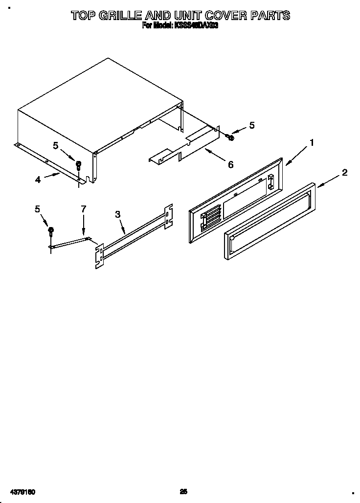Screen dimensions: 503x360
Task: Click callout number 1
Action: click(x=311, y=143)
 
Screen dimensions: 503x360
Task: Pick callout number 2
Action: click(x=344, y=172)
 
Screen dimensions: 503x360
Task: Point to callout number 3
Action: click(x=117, y=214)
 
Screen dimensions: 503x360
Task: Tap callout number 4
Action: click(x=38, y=180)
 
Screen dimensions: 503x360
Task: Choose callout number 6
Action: click(x=230, y=165)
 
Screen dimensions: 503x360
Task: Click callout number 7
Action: click(x=83, y=209)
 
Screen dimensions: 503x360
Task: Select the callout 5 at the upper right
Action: click(x=251, y=125)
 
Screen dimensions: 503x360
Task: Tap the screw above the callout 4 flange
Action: click(x=78, y=165)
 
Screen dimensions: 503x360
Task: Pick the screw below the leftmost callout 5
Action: click(x=51, y=232)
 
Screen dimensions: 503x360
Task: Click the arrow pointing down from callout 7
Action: click(x=84, y=227)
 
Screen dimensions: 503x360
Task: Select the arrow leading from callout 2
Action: click(x=328, y=181)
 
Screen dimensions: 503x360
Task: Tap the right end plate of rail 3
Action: click(x=168, y=216)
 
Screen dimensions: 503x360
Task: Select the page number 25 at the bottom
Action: click(x=183, y=491)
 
